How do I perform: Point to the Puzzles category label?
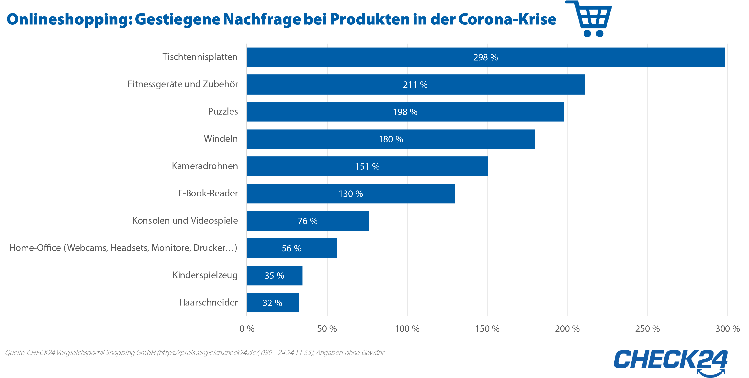tap(223, 111)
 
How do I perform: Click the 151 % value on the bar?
tap(367, 166)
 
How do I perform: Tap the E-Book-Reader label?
tap(208, 193)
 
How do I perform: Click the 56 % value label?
tap(291, 248)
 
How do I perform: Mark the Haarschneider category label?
tap(208, 302)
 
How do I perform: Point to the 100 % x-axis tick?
tap(407, 329)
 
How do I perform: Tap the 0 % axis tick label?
tap(247, 329)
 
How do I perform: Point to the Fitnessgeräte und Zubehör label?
tap(183, 84)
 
